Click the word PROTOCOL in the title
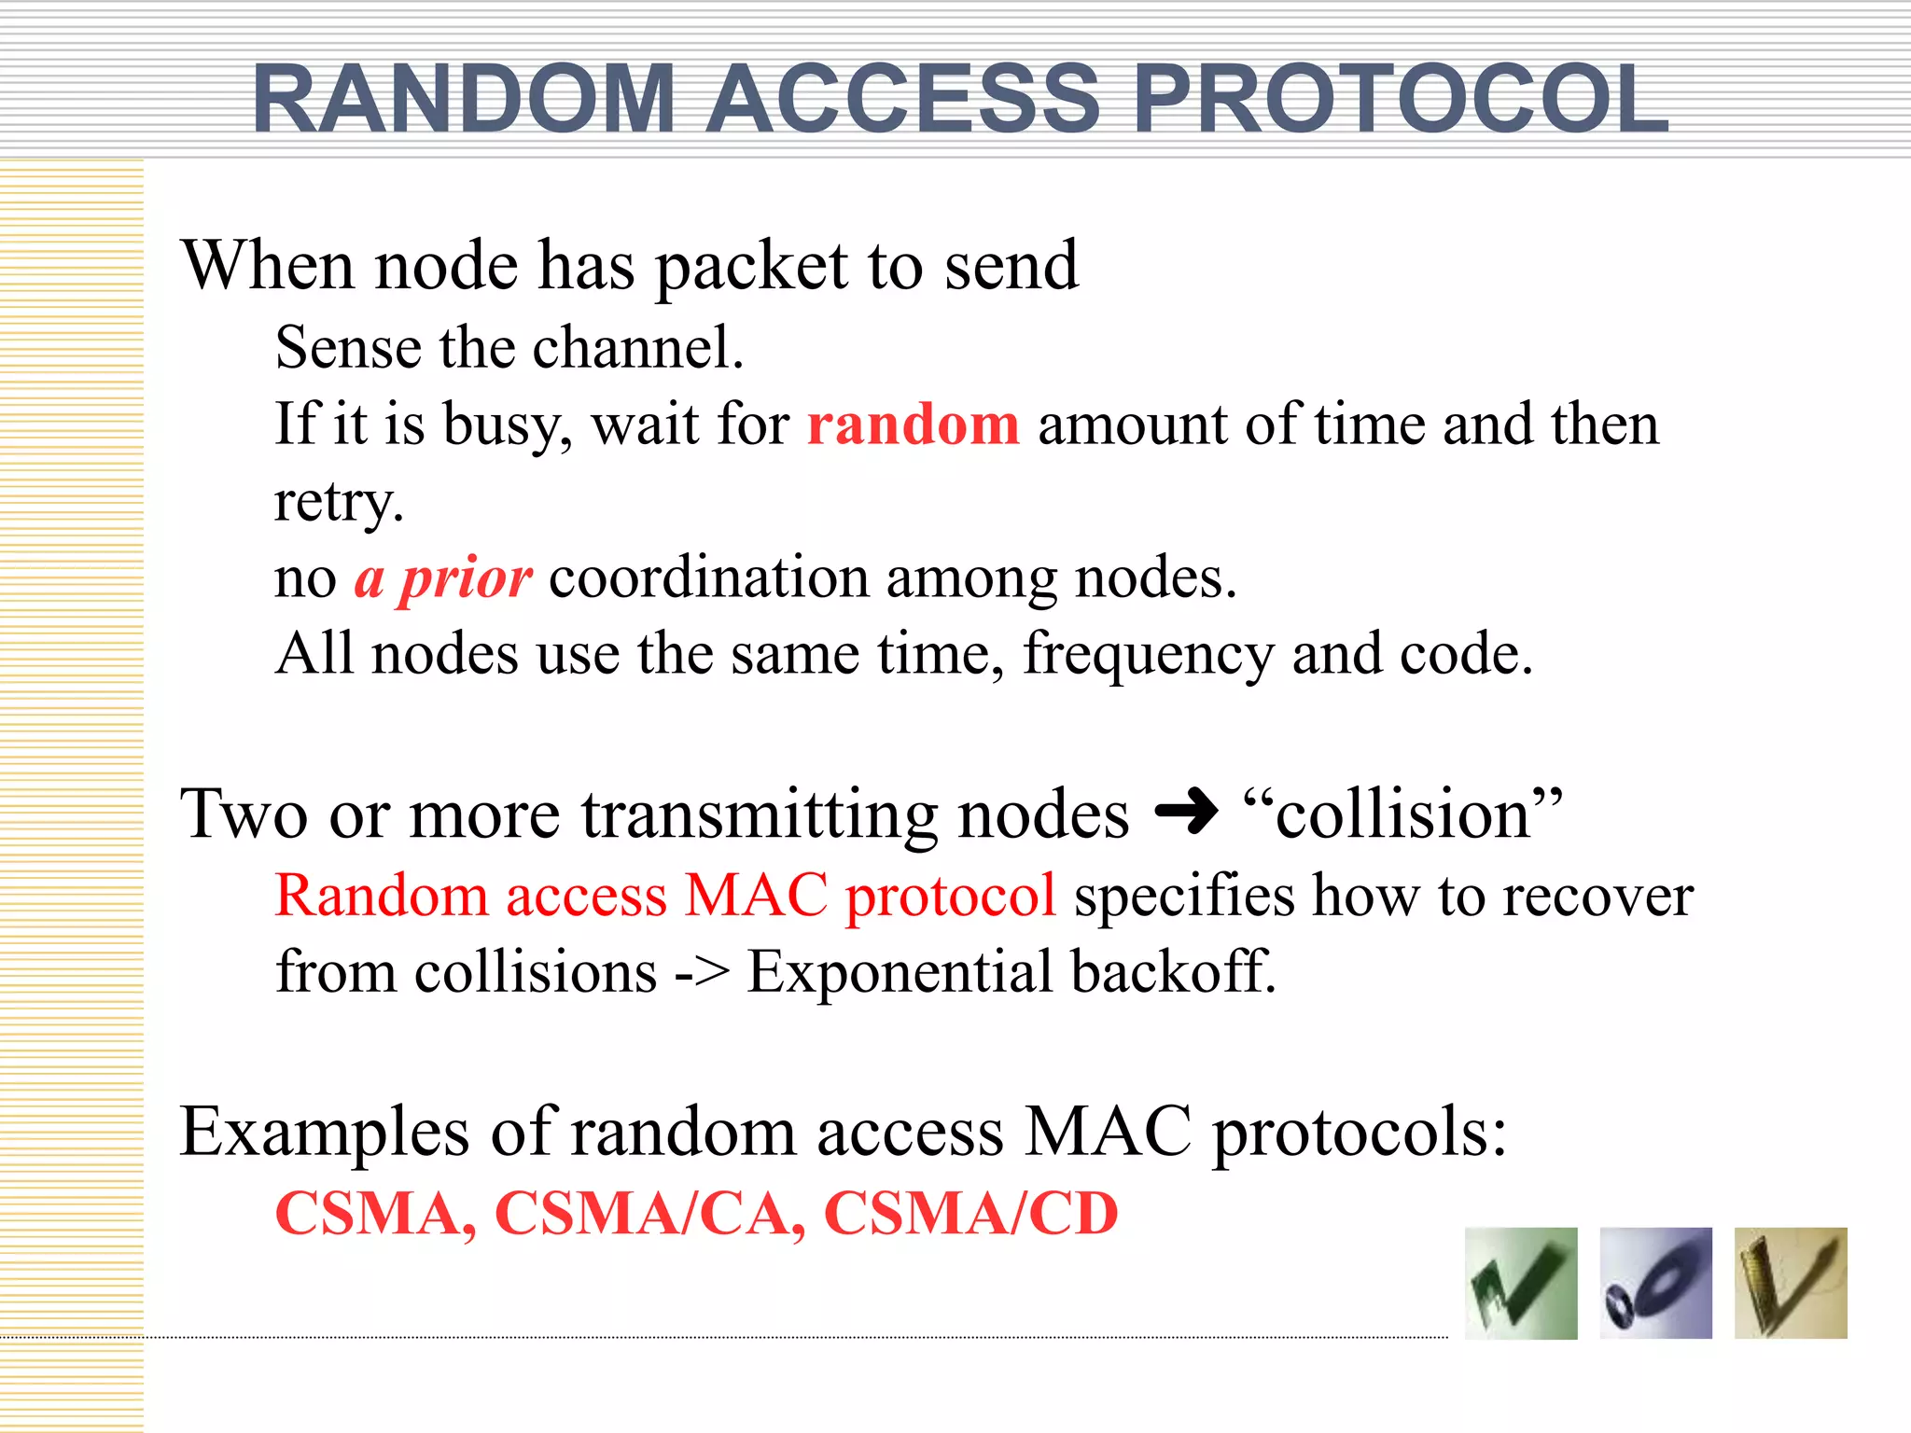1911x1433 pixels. (x=1400, y=99)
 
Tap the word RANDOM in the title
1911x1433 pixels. (x=464, y=99)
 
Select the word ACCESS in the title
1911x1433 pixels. (x=902, y=99)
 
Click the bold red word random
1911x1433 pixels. (x=913, y=424)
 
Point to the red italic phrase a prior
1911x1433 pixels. (x=443, y=578)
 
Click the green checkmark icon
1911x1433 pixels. (x=1521, y=1284)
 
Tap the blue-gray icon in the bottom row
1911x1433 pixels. (x=1655, y=1284)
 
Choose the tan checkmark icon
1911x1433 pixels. (x=1790, y=1284)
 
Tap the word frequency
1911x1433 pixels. (x=1148, y=655)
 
